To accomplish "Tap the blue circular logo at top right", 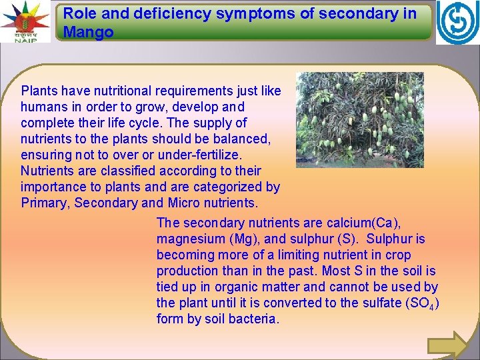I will [x=457, y=23].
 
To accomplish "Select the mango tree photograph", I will [x=359, y=119].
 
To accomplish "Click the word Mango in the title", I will [x=88, y=31].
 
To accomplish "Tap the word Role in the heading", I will [x=79, y=13].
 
